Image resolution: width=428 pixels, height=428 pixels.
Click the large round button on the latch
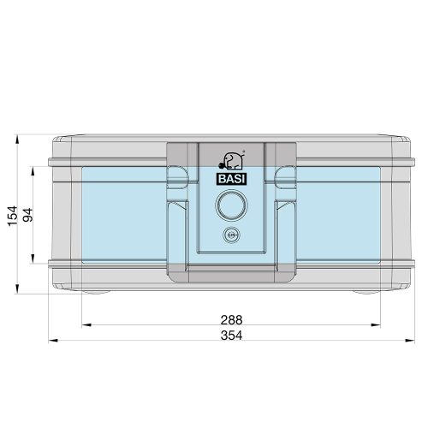click(x=229, y=205)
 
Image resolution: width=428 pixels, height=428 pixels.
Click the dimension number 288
click(x=230, y=319)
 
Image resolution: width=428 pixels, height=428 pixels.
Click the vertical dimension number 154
click(x=12, y=215)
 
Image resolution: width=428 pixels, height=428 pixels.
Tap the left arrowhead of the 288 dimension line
click(x=85, y=325)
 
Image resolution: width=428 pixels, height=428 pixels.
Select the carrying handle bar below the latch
click(x=229, y=272)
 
